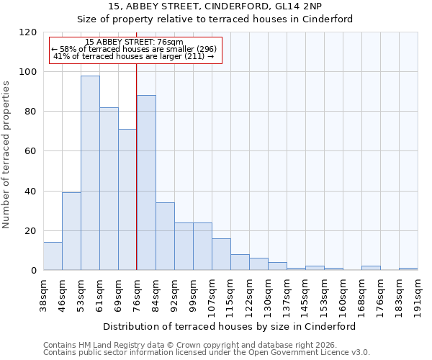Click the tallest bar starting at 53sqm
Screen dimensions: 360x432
pyautogui.click(x=90, y=173)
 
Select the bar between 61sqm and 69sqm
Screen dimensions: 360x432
pyautogui.click(x=109, y=189)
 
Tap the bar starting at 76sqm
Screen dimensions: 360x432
pyautogui.click(x=146, y=183)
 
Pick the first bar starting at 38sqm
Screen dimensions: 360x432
pyautogui.click(x=53, y=256)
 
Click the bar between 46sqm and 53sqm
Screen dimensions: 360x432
pyautogui.click(x=71, y=231)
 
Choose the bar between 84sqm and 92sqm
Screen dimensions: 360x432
pyautogui.click(x=165, y=236)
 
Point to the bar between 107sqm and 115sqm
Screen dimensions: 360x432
pyautogui.click(x=221, y=254)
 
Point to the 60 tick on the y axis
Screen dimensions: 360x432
pyautogui.click(x=31, y=151)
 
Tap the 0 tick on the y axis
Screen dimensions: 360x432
pyautogui.click(x=34, y=271)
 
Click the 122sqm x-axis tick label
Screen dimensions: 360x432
pyautogui.click(x=249, y=294)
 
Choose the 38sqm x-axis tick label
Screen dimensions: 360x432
pyautogui.click(x=43, y=294)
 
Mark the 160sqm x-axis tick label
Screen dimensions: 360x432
pyautogui.click(x=343, y=294)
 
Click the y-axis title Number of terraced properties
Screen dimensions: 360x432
pyautogui.click(x=7, y=155)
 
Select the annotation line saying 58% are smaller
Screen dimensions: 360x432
pyautogui.click(x=134, y=49)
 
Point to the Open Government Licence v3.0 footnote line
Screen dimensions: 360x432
pyautogui.click(x=207, y=353)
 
